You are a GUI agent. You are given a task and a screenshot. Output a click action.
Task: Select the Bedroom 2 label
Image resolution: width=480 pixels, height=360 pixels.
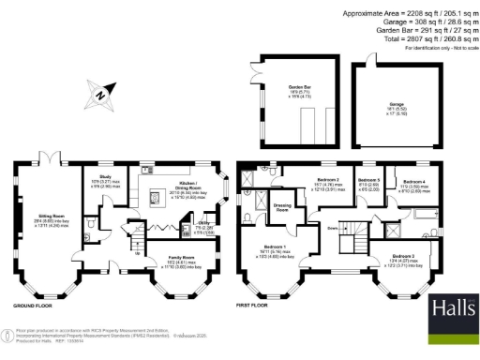(x=326, y=178)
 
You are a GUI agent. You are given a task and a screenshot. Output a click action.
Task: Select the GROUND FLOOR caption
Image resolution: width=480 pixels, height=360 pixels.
(x=32, y=306)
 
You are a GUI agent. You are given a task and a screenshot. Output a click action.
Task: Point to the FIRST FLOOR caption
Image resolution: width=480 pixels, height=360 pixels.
(x=253, y=306)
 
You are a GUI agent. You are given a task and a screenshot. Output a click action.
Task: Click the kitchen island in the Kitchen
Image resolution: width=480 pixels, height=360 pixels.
(x=157, y=197)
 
